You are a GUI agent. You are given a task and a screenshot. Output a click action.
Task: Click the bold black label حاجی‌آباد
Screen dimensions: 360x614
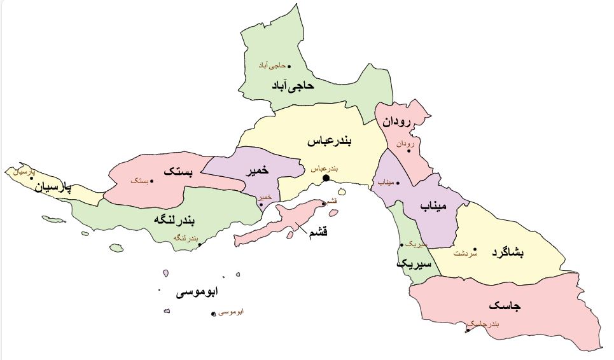tap(293, 85)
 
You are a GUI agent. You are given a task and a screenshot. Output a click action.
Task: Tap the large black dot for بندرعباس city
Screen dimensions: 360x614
tap(326, 178)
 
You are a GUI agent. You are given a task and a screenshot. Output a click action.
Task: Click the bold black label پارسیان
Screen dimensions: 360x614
tap(53, 188)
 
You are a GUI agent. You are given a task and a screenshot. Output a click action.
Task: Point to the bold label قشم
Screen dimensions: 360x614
tap(317, 232)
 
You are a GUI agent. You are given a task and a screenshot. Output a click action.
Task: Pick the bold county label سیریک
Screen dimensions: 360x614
tap(414, 263)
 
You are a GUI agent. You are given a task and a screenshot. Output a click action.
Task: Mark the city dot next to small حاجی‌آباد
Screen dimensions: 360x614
tap(289, 66)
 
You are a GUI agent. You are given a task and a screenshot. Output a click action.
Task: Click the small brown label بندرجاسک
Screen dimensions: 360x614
tap(485, 324)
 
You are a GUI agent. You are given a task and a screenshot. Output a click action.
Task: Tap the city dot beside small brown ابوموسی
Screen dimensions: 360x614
tap(213, 314)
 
